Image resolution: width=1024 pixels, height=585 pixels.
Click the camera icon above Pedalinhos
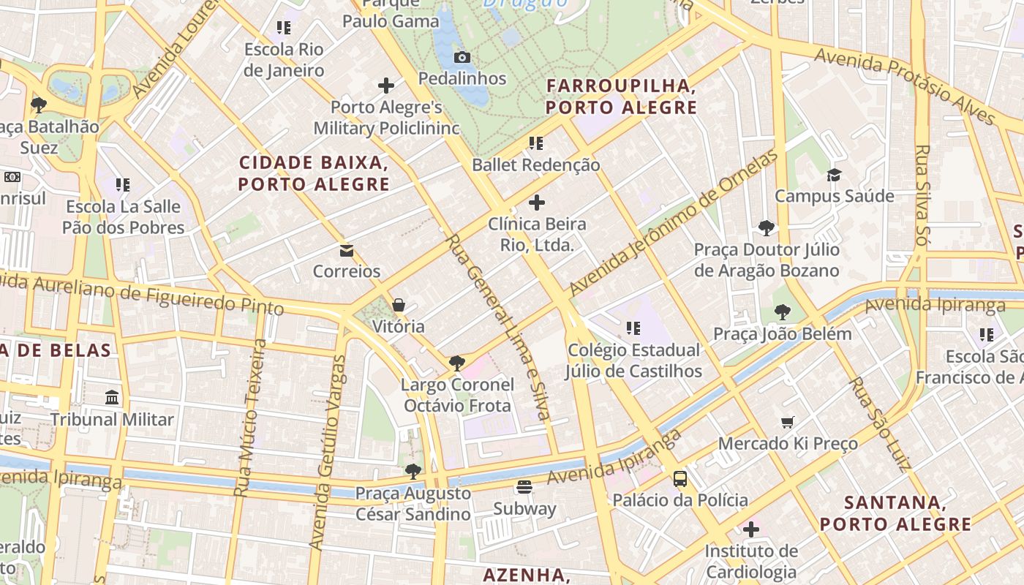(x=462, y=57)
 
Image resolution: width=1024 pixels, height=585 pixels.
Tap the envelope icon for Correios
(x=347, y=251)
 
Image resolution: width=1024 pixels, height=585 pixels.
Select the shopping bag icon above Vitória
(x=399, y=305)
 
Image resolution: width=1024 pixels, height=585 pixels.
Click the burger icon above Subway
(x=524, y=486)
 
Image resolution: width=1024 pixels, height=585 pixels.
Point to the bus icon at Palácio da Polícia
(x=680, y=479)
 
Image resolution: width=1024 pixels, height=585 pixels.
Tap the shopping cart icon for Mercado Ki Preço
(x=788, y=422)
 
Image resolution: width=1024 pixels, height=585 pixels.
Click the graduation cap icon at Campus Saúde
(x=834, y=175)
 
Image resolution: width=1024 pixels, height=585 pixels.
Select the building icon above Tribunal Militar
(x=112, y=397)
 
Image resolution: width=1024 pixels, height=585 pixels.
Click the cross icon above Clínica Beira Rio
(x=537, y=203)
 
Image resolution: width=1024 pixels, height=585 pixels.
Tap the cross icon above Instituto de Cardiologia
(x=751, y=529)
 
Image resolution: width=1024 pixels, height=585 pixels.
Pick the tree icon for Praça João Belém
(x=782, y=312)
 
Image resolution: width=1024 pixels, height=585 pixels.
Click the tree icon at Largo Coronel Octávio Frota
(x=457, y=363)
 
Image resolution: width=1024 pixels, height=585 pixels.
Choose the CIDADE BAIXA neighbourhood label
(x=314, y=173)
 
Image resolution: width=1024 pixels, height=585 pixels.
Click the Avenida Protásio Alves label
(x=905, y=86)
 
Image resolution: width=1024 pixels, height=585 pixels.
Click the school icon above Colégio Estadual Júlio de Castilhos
(x=633, y=328)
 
